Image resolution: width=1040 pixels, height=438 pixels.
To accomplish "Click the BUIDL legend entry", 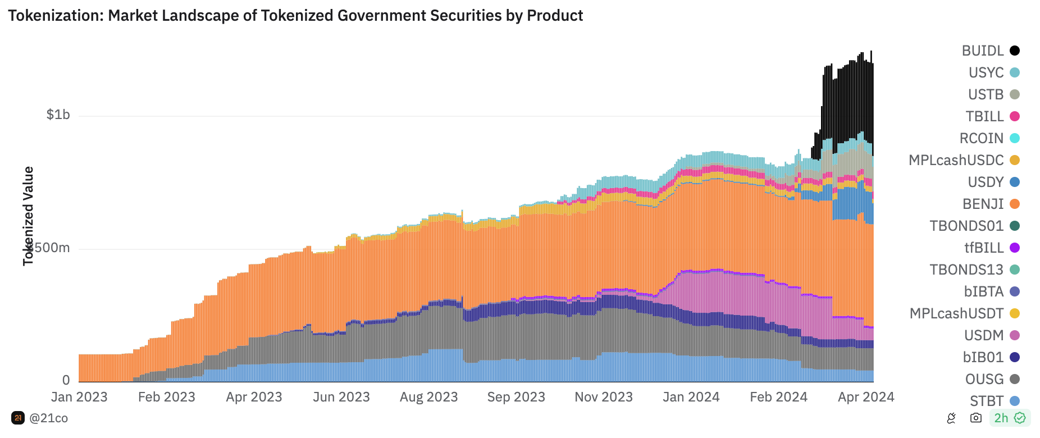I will pos(990,51).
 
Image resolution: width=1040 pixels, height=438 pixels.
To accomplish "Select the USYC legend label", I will pos(986,72).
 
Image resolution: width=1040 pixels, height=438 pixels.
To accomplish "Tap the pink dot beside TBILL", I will pos(1015,116).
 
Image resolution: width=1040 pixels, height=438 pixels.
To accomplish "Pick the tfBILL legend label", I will pos(984,248).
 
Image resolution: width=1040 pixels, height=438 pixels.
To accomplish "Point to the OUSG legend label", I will pos(984,379).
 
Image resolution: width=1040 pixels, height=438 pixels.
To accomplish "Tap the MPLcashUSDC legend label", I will pos(956,160).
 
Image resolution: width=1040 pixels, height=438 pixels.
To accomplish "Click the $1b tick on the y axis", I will pos(58,115).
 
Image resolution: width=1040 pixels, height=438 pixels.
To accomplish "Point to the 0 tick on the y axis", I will pos(66,380).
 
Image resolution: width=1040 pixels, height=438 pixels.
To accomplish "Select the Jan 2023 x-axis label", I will pos(79,397).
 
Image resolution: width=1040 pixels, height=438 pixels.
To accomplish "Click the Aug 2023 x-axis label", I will pos(428,397).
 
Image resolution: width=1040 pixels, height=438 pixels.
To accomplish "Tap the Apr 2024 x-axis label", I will pos(866,397).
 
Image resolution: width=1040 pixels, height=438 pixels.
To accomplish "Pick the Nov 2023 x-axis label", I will pos(604,397).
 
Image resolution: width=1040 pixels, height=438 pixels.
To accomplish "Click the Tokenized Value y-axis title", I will pos(28,216).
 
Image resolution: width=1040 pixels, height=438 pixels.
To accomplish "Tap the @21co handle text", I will pos(48,418).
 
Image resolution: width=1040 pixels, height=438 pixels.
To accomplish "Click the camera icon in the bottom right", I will pos(976,418).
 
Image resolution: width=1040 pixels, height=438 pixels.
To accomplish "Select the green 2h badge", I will pos(1009,418).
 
